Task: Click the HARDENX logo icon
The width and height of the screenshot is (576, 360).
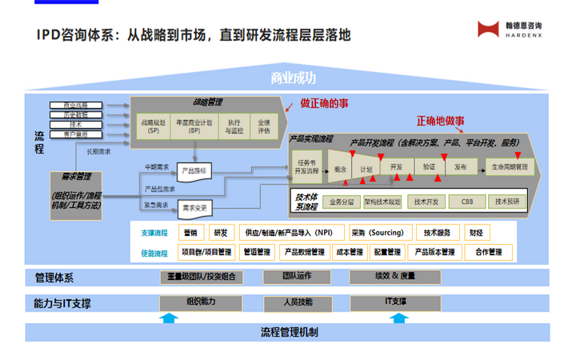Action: pos(487,30)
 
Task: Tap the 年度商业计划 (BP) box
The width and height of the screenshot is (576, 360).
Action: pos(194,126)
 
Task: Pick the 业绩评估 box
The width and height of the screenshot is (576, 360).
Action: pos(265,126)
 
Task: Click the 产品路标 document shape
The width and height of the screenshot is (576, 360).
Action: pos(194,171)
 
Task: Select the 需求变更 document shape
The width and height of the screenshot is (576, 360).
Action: pos(194,207)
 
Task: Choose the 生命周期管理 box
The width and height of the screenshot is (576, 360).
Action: pos(509,168)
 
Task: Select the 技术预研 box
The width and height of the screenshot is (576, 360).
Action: pos(507,202)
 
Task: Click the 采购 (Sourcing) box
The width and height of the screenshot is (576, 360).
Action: pos(378,233)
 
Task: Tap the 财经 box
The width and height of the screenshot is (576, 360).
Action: pos(477,233)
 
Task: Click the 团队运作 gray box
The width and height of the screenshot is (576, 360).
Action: pos(296,277)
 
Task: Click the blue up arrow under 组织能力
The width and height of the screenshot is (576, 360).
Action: pos(169,318)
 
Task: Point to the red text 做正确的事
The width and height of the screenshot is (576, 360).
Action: pos(326,104)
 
